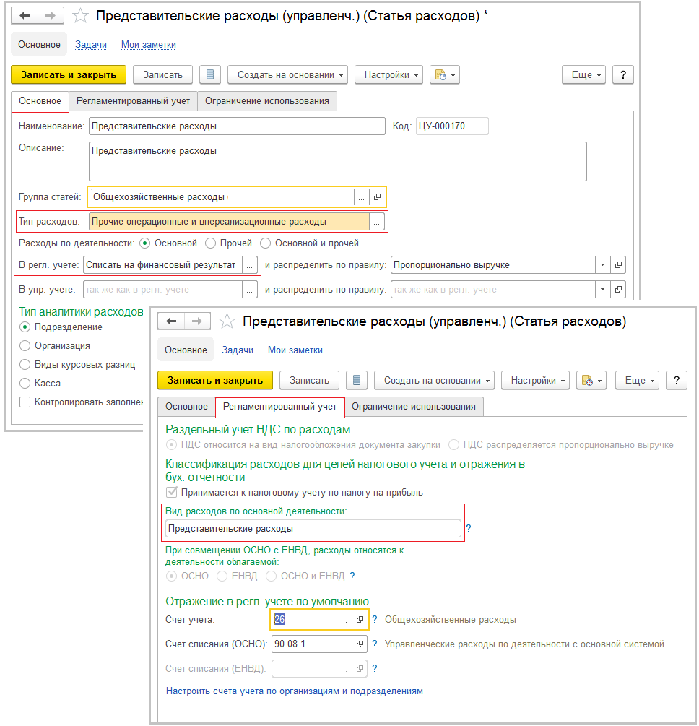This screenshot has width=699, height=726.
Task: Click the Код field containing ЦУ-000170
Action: (451, 126)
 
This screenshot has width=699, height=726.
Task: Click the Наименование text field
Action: (237, 126)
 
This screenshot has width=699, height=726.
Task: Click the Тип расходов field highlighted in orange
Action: (228, 221)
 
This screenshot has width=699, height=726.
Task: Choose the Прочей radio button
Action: (211, 243)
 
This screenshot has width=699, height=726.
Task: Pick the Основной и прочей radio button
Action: (266, 243)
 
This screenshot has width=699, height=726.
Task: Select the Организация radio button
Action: (25, 346)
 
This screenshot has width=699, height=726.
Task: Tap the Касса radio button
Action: (25, 384)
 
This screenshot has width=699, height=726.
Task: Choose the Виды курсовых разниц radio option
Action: (25, 365)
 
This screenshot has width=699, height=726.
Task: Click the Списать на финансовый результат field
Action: (162, 265)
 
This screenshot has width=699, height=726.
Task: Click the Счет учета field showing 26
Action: (303, 620)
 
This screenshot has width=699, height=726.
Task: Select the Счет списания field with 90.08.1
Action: (303, 644)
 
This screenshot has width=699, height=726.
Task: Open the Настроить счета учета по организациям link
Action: (294, 691)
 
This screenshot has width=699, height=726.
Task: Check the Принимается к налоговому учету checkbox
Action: (172, 493)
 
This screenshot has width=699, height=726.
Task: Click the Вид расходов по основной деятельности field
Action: (313, 529)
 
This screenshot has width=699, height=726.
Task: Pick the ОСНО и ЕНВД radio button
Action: (271, 576)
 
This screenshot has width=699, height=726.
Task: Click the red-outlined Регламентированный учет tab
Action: (280, 407)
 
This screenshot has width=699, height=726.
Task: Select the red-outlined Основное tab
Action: (40, 101)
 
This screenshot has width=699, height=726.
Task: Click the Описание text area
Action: (337, 160)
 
